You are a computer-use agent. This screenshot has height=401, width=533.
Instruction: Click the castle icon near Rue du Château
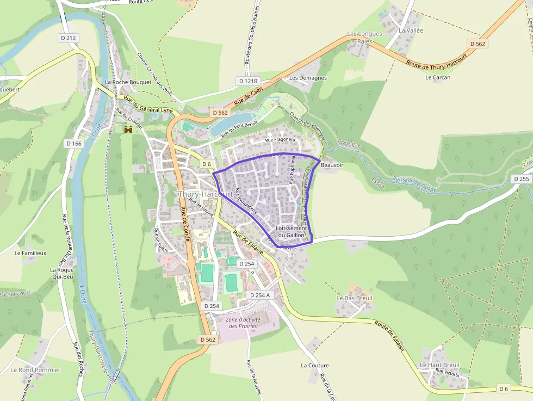coord(128,129)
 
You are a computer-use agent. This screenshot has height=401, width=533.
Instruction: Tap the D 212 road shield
coord(69,38)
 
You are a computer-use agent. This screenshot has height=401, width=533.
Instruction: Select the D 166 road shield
coord(73,144)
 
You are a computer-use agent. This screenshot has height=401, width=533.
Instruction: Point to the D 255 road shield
coord(521,179)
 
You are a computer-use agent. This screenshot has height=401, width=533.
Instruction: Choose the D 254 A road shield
coord(260,295)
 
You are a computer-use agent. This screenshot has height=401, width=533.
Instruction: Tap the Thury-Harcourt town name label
coord(206,194)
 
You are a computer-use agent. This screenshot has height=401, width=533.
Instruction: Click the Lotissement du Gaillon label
coord(292,232)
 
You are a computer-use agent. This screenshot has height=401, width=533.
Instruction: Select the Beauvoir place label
coord(332,164)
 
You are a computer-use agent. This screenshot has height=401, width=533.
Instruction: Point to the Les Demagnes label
coord(308,78)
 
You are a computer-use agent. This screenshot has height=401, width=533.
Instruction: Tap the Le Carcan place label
coord(438,77)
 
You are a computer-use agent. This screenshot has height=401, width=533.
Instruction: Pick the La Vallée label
coord(411,30)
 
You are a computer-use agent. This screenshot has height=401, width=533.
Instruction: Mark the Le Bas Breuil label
coord(355,298)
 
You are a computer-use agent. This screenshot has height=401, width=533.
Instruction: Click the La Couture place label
coord(315,365)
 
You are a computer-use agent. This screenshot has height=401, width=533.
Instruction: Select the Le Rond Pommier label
coord(35,370)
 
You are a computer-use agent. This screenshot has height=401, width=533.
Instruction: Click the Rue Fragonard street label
coord(280,140)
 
